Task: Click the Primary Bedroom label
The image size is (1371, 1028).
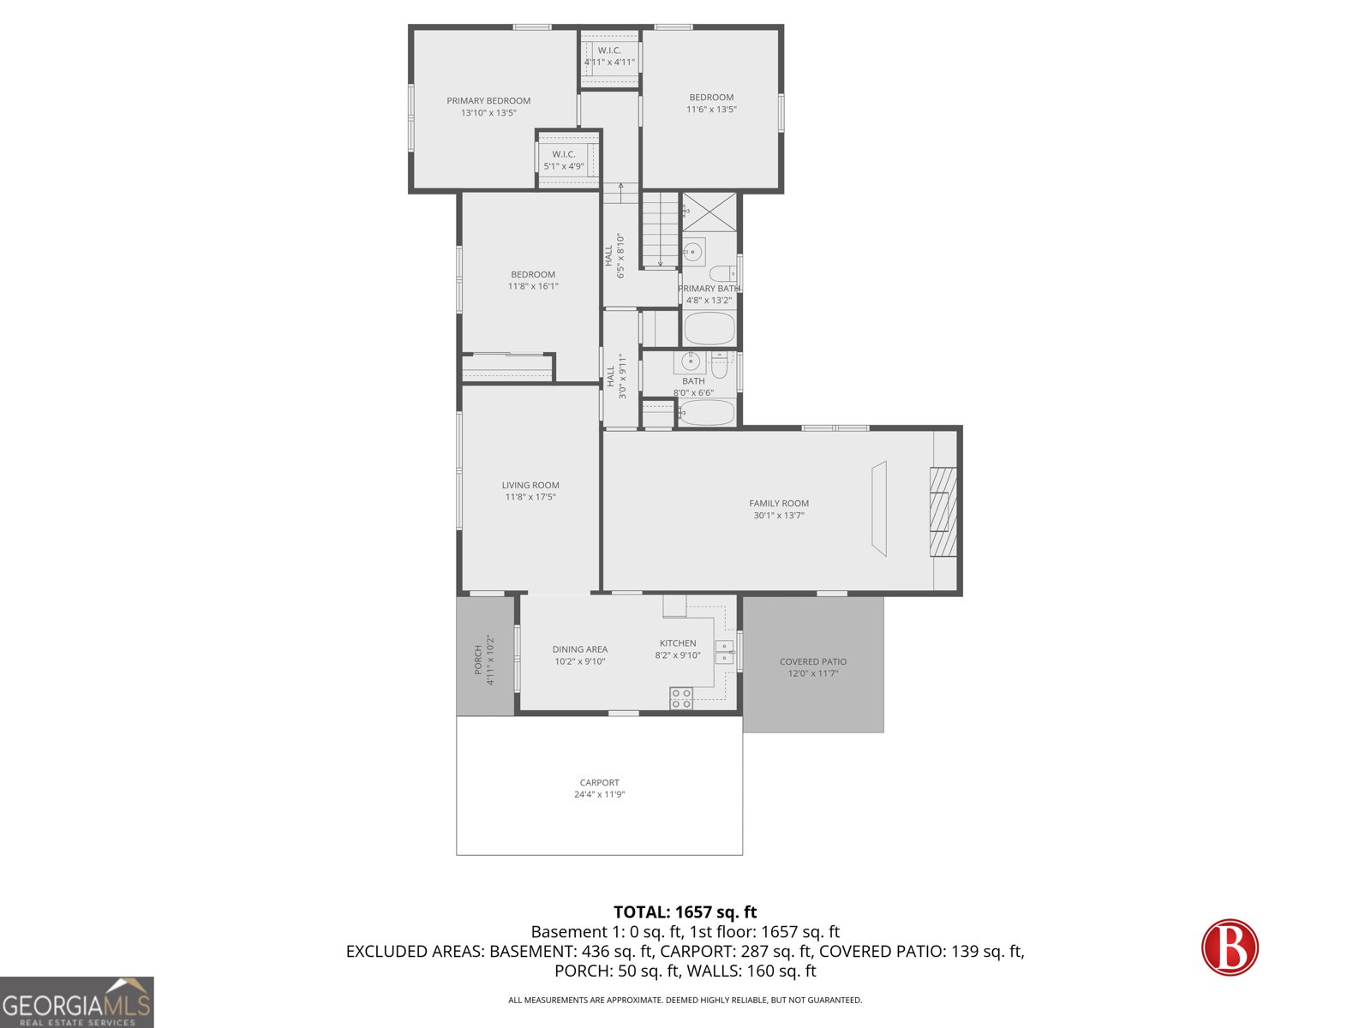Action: tap(488, 101)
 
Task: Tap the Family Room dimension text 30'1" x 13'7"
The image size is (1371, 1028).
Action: tap(778, 516)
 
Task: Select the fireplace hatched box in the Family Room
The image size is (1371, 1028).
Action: tap(943, 511)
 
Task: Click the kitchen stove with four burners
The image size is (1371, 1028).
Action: tap(681, 698)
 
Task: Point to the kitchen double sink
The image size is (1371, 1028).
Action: tap(725, 652)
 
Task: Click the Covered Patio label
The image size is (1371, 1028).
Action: tap(812, 661)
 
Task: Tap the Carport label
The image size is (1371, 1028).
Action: tap(599, 782)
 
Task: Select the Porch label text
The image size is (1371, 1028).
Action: tap(479, 660)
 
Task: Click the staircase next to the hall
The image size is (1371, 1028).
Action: tap(660, 230)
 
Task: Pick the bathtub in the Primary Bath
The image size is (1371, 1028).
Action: tap(709, 328)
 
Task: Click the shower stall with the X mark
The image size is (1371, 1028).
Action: tap(709, 212)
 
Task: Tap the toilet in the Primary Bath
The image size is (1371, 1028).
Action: tap(722, 274)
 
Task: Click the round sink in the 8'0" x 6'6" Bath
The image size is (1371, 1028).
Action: tap(691, 362)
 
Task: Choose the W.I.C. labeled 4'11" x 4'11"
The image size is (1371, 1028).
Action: tap(609, 57)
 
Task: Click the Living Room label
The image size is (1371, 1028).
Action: tap(530, 485)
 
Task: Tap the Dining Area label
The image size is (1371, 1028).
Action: tap(579, 649)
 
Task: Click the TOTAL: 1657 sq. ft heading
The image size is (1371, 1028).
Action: tap(685, 912)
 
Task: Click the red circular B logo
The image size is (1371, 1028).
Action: tap(1230, 947)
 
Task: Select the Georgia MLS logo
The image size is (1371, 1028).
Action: tap(76, 1002)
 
